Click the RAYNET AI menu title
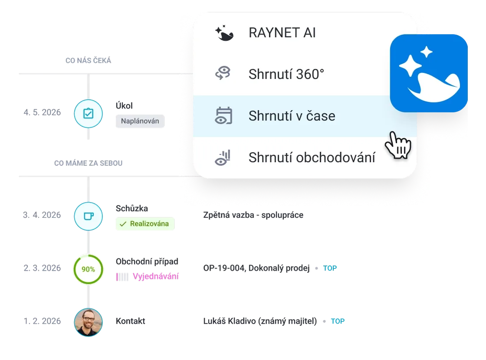[x=282, y=33]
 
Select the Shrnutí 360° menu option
[x=286, y=74]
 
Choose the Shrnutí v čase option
[x=292, y=116]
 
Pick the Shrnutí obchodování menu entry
[x=312, y=157]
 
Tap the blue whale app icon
[x=429, y=73]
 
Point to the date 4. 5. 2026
[x=42, y=113]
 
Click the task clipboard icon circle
[x=88, y=114]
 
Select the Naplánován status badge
[x=140, y=121]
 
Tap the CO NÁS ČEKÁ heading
[x=88, y=61]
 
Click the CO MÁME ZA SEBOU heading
[x=89, y=163]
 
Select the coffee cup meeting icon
[x=88, y=215]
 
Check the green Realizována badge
[x=145, y=224]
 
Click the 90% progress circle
[x=88, y=269]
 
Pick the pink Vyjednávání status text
[x=156, y=276]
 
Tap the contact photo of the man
[x=88, y=322]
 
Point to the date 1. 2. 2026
[x=42, y=321]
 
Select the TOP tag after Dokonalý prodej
[x=330, y=268]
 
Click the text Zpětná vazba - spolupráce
[x=253, y=215]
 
